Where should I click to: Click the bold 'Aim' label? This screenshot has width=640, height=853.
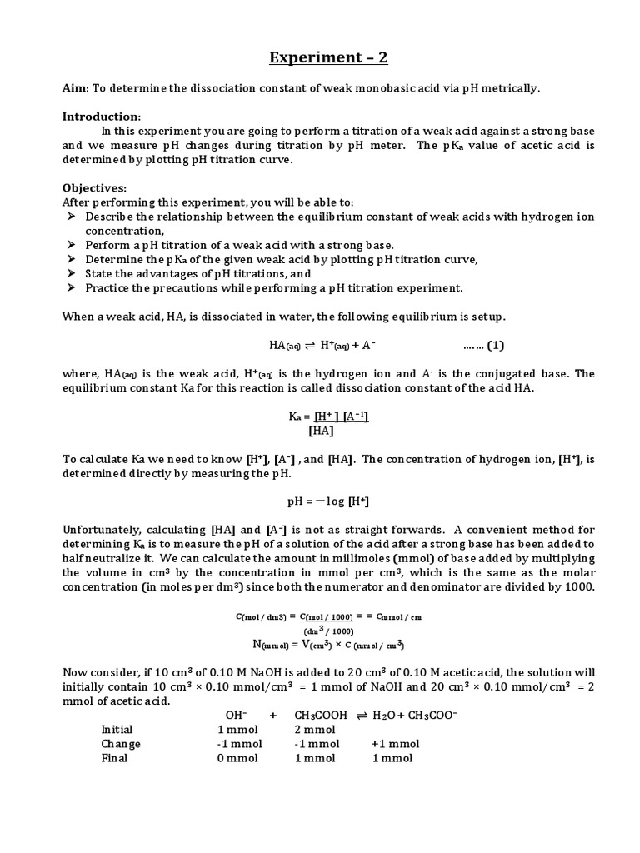point(75,89)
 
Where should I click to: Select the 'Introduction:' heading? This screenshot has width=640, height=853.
point(102,116)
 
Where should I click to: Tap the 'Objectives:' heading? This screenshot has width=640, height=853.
point(94,188)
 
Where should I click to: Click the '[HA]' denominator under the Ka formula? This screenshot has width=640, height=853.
point(321,431)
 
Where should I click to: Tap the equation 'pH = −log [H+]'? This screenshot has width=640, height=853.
point(327,501)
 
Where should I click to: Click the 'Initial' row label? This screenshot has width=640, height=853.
point(117,729)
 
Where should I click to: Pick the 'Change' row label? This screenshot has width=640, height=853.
point(121,744)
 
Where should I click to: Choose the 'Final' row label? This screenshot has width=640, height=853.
point(114,758)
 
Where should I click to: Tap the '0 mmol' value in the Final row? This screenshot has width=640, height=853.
point(237,758)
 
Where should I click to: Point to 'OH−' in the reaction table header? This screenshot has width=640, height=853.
point(236,715)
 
